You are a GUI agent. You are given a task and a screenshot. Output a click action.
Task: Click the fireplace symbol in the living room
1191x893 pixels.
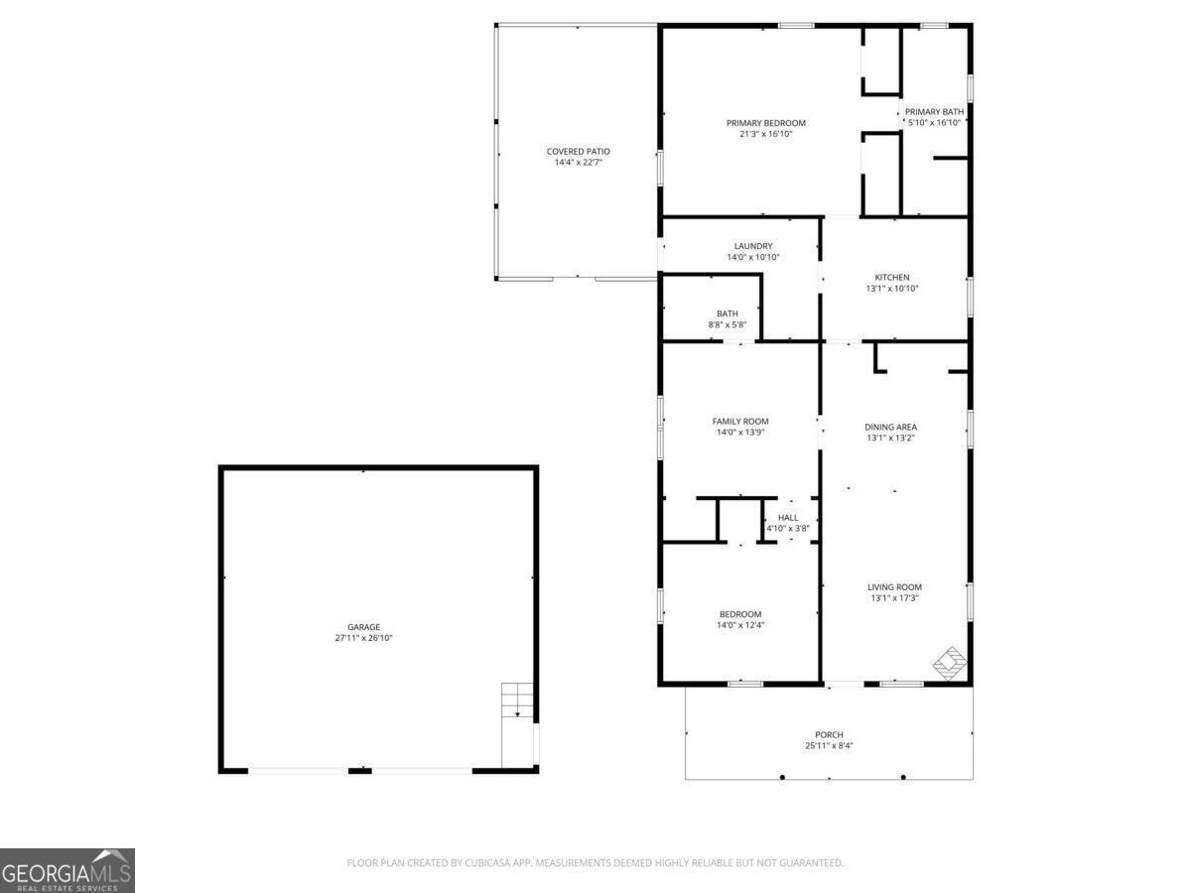[x=950, y=663]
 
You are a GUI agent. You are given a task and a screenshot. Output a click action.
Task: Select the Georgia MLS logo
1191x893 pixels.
[x=67, y=870]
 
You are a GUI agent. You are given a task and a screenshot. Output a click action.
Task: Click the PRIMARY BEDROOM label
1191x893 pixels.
[x=765, y=123]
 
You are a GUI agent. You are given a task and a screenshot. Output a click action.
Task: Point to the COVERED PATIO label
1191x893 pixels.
[x=578, y=151]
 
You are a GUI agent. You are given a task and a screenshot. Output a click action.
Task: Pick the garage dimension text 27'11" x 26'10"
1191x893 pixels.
[x=363, y=638]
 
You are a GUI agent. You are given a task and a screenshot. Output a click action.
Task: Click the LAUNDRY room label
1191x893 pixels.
[x=753, y=246]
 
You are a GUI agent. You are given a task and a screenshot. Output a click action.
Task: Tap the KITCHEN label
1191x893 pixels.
[x=891, y=278]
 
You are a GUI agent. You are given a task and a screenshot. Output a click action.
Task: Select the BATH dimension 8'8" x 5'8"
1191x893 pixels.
[x=728, y=324]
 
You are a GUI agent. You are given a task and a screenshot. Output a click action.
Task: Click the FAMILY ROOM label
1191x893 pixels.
[x=740, y=422]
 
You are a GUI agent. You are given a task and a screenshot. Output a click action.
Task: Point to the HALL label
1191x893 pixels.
[x=788, y=518]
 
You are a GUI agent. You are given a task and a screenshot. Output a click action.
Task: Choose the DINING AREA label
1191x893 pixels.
[x=890, y=428]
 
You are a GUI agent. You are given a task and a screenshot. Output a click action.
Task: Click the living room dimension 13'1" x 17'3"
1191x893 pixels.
[x=894, y=598]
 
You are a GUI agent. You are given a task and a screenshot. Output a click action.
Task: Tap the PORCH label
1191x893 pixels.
[x=829, y=734]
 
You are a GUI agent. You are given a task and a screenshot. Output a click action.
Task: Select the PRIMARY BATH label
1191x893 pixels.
[x=934, y=112]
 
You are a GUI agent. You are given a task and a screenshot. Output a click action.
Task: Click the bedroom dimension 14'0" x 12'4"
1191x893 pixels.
[x=740, y=625]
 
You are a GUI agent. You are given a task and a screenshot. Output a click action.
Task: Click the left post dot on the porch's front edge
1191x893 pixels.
[x=782, y=778]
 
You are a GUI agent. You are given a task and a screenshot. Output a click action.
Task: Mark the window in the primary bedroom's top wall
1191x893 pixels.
[x=796, y=26]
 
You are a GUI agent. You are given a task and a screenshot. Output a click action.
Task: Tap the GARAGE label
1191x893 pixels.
[x=363, y=627]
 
